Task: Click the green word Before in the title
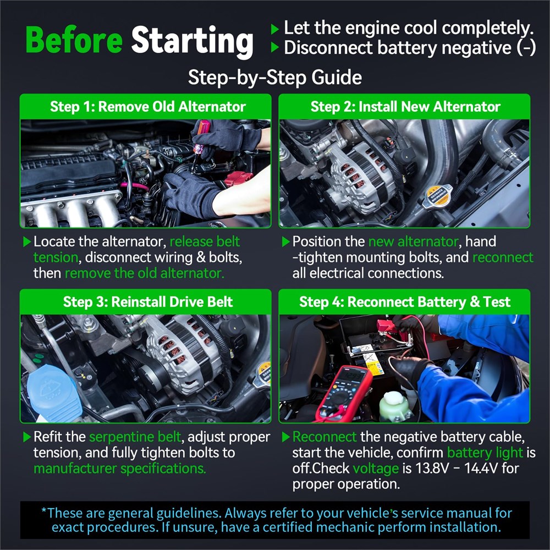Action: pyautogui.click(x=74, y=40)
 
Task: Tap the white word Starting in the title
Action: pyautogui.click(x=192, y=42)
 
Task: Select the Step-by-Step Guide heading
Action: pyautogui.click(x=274, y=77)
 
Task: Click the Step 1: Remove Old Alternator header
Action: pyautogui.click(x=147, y=107)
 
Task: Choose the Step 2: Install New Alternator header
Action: pyautogui.click(x=405, y=107)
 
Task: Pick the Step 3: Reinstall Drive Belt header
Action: pyautogui.click(x=147, y=302)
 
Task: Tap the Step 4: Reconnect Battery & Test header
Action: pyautogui.click(x=404, y=302)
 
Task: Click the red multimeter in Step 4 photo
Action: pyautogui.click(x=344, y=393)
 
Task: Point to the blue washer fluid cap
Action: pyautogui.click(x=54, y=393)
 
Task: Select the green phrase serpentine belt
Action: pyautogui.click(x=135, y=437)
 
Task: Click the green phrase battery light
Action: pyautogui.click(x=485, y=453)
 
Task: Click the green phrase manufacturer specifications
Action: pyautogui.click(x=119, y=469)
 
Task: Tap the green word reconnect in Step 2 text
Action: pyautogui.click(x=503, y=257)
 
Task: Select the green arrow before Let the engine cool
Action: pyautogui.click(x=274, y=29)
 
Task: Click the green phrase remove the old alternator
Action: pyautogui.click(x=145, y=273)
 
